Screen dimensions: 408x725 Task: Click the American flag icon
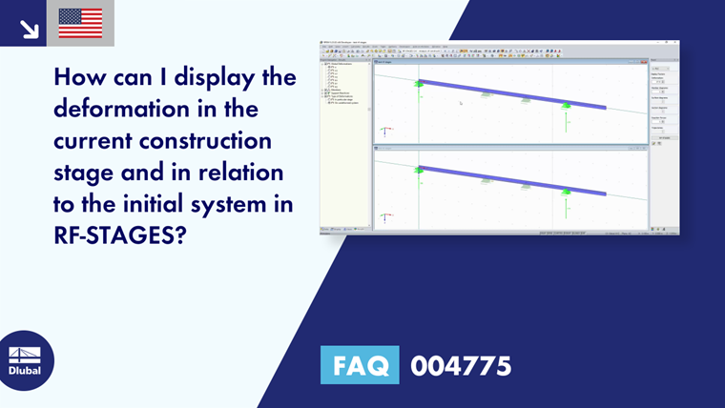pyautogui.click(x=80, y=23)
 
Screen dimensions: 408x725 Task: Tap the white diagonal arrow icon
pyautogui.click(x=29, y=29)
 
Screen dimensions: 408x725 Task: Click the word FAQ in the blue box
pyautogui.click(x=360, y=366)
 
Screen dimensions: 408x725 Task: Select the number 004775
pyautogui.click(x=461, y=366)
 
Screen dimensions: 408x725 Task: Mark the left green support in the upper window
pyautogui.click(x=419, y=84)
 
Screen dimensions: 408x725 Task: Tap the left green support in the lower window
pyautogui.click(x=419, y=170)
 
